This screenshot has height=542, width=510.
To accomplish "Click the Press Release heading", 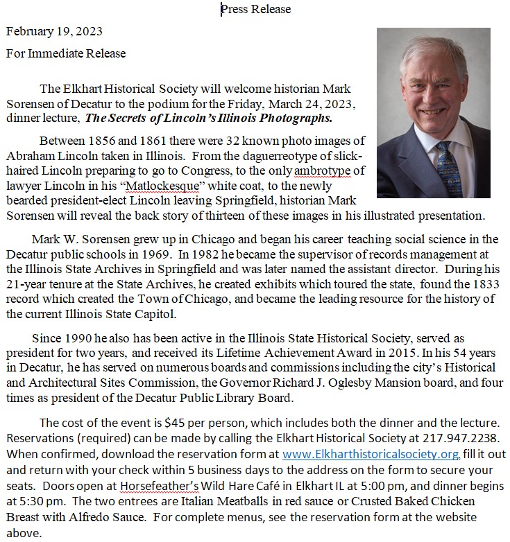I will coord(255,9).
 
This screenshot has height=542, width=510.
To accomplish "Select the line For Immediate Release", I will coord(66,53).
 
